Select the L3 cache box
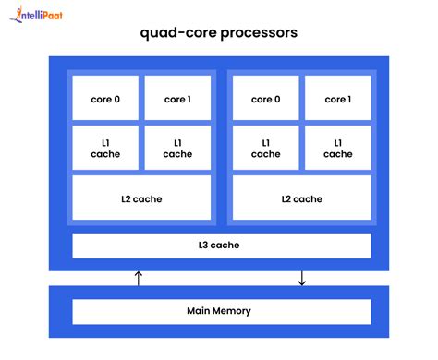(222, 246)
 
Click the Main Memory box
(222, 311)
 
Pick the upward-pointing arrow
(139, 278)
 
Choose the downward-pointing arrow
(301, 278)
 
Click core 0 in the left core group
(105, 99)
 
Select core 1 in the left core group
(177, 99)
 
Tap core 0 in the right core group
(265, 99)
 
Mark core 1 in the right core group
(337, 99)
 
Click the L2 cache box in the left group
(141, 198)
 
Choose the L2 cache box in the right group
(301, 198)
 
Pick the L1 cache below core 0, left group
(105, 149)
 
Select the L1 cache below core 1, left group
(177, 149)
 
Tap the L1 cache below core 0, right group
(265, 149)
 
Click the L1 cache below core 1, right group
(337, 149)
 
